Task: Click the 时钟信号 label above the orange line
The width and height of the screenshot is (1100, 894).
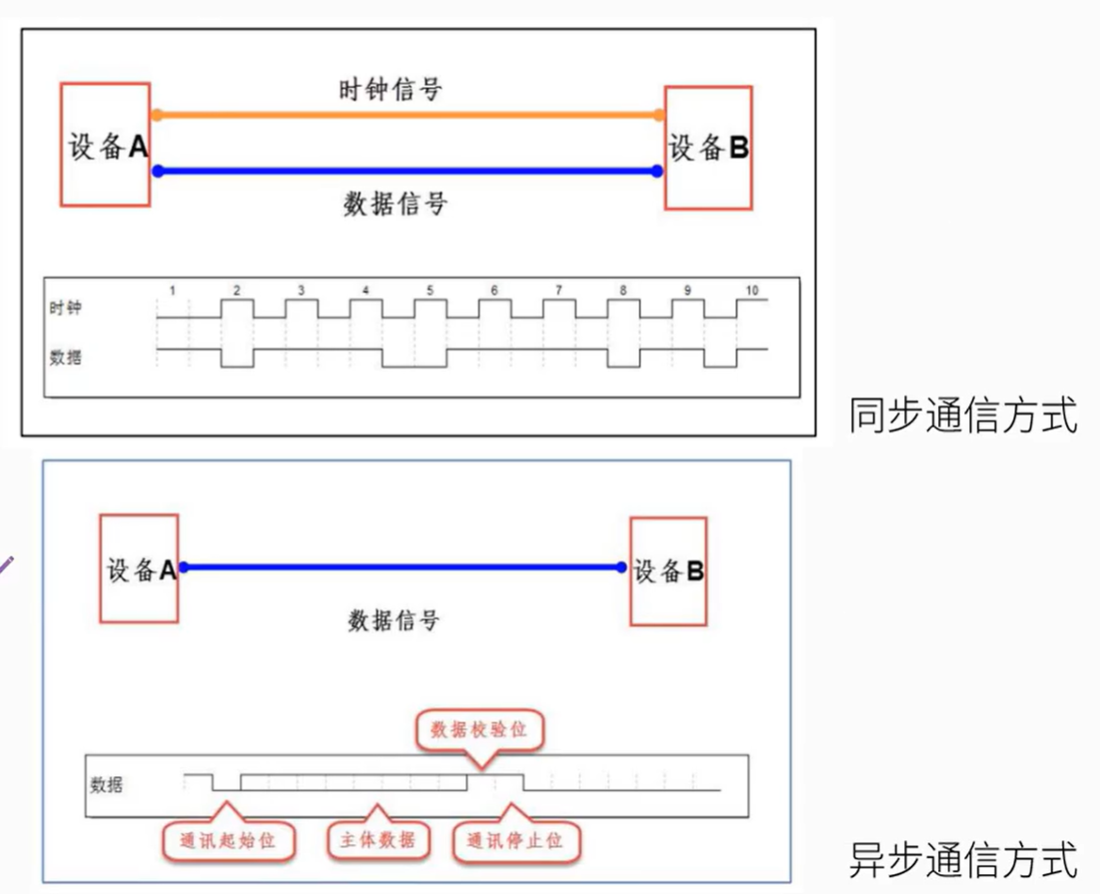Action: (390, 90)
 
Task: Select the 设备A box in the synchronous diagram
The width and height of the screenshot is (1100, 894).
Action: (105, 144)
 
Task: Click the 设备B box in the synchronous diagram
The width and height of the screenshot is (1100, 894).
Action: (708, 147)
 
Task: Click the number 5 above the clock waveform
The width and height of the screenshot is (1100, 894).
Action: (429, 291)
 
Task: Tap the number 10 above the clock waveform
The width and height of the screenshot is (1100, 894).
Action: (752, 291)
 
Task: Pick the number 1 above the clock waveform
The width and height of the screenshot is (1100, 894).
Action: (172, 291)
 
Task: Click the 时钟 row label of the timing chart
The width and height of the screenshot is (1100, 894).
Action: (65, 308)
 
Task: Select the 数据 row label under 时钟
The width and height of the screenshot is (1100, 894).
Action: (65, 358)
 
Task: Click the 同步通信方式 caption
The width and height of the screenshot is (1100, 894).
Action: (962, 416)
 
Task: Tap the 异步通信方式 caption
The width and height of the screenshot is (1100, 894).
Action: (962, 858)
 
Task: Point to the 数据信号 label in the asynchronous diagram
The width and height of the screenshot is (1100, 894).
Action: (394, 620)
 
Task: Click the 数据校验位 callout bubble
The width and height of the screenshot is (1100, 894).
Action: (480, 731)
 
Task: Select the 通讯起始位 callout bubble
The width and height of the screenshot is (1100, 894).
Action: (227, 838)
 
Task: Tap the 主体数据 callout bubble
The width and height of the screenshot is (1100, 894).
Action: (377, 838)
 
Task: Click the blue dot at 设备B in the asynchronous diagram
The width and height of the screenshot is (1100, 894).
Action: (621, 567)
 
